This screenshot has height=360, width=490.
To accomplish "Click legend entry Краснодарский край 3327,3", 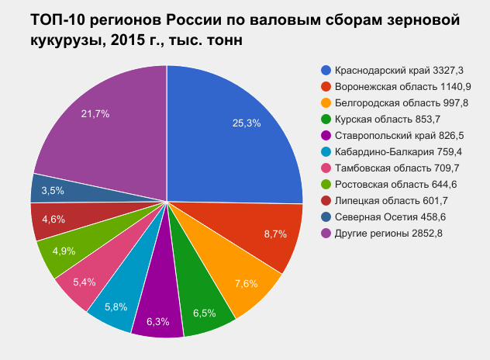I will (393, 70).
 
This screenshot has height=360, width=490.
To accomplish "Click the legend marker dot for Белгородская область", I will (326, 102).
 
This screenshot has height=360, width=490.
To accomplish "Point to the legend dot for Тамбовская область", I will (326, 168).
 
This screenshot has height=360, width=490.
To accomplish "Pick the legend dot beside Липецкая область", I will (326, 200).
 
